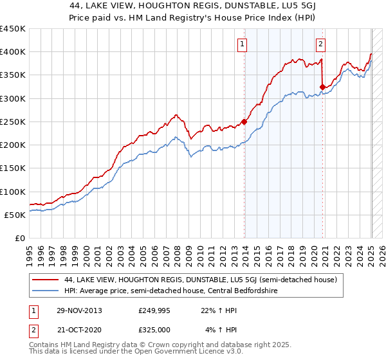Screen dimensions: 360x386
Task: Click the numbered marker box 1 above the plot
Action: [x=242, y=44]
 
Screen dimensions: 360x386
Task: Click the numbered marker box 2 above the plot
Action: [x=320, y=44]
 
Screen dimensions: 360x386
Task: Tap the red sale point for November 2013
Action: [x=244, y=121]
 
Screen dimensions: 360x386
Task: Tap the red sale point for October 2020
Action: [x=322, y=86]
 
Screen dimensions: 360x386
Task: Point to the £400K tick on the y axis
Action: [x=13, y=52]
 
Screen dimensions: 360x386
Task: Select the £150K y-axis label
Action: [x=13, y=168]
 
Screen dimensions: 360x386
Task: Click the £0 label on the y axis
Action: [x=19, y=238]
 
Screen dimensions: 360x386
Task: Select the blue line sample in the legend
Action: [x=45, y=290]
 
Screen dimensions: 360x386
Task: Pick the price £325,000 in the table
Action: [x=154, y=328]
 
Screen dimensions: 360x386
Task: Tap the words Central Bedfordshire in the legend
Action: [x=248, y=290]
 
